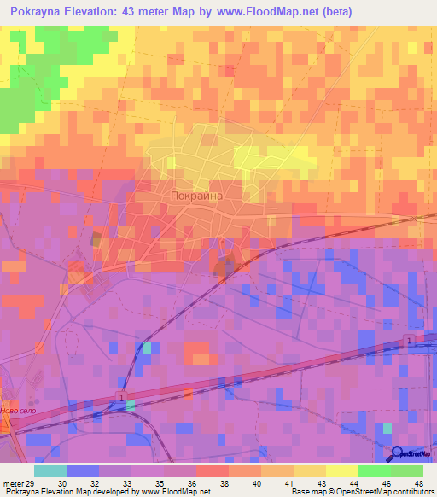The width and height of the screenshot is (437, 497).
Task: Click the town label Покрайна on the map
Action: click(196, 196)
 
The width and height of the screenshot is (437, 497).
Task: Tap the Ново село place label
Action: click(20, 411)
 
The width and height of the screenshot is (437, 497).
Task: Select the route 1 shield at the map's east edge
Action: click(409, 341)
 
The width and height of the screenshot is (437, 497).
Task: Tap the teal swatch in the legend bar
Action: click(50, 471)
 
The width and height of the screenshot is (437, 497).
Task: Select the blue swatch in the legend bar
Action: click(82, 471)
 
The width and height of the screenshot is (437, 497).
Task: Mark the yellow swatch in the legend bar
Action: click(341, 471)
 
